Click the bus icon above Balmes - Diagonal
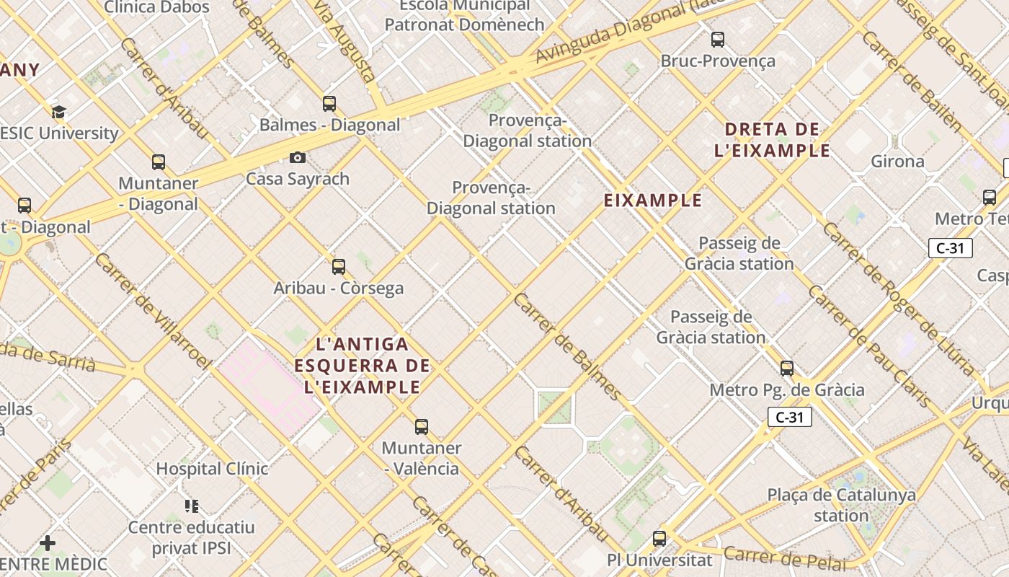[329, 104]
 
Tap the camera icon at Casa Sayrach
[298, 158]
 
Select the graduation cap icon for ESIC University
[58, 112]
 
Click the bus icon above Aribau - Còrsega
[339, 267]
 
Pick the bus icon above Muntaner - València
[422, 427]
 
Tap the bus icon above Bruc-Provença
[718, 40]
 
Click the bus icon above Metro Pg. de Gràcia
[787, 369]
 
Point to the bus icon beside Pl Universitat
[659, 538]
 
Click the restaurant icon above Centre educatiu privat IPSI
[192, 506]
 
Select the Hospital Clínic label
[212, 469]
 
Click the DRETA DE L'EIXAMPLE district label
[773, 140]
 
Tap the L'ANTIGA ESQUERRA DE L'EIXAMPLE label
[362, 365]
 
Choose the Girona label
[897, 162]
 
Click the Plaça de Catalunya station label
[841, 505]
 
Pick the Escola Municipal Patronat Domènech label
[464, 15]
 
